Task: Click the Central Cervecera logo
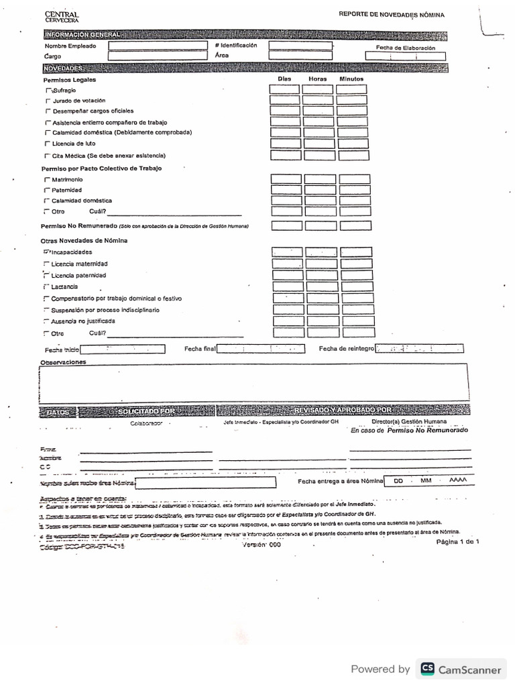(x=61, y=17)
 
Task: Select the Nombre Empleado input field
(x=158, y=46)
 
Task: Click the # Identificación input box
(x=300, y=46)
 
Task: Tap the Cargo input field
(x=158, y=56)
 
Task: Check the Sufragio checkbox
(x=48, y=90)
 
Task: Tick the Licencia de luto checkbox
(x=47, y=144)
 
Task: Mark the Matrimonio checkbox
(x=46, y=180)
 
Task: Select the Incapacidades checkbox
(x=46, y=252)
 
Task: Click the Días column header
(x=284, y=79)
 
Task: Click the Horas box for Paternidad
(x=321, y=190)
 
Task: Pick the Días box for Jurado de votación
(x=285, y=100)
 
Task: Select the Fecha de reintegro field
(x=419, y=349)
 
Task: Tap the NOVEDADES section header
(x=63, y=68)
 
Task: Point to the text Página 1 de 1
(x=457, y=541)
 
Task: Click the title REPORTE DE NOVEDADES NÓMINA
(x=391, y=14)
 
